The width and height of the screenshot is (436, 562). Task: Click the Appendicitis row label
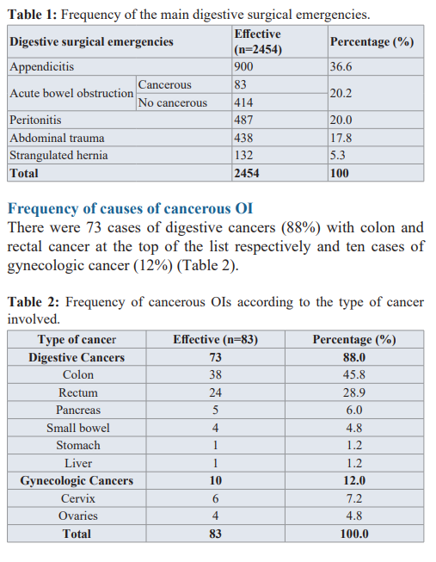[x=41, y=66]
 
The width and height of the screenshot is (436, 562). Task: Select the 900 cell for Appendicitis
[x=243, y=66]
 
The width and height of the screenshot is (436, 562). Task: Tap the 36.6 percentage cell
[x=341, y=66]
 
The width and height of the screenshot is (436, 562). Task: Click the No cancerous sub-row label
[x=173, y=103]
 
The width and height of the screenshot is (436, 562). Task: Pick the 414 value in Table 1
[x=243, y=103]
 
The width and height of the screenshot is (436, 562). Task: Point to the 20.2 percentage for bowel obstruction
[x=341, y=93]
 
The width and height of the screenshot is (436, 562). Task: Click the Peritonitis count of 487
[x=243, y=120]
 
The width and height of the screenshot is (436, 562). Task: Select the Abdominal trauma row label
[x=57, y=138]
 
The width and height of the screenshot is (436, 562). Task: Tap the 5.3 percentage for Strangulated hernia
[x=337, y=155]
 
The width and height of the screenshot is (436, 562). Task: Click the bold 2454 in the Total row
[x=247, y=173]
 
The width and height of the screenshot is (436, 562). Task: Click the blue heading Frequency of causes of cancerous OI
[x=131, y=208]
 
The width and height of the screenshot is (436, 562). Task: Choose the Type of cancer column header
[x=77, y=339]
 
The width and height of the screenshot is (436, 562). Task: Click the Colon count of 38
[x=215, y=374]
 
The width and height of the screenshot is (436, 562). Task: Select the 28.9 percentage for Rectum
[x=354, y=392]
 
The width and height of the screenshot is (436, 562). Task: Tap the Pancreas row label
[x=78, y=410]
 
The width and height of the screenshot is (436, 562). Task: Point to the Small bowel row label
[x=78, y=428]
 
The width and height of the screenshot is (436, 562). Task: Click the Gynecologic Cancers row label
[x=77, y=480]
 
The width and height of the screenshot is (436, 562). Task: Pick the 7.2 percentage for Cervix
[x=354, y=498]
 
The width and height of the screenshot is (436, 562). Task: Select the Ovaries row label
[x=78, y=516]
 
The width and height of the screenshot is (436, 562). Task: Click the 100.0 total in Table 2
[x=354, y=534]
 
